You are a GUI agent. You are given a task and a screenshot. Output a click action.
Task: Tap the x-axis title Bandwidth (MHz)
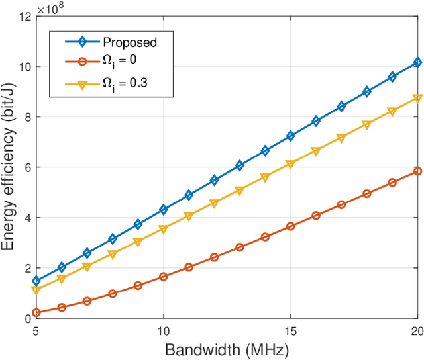click(227, 347)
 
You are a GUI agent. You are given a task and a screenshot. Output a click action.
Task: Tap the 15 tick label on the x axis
click(290, 330)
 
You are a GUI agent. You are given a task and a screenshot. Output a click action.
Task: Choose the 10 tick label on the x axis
click(163, 330)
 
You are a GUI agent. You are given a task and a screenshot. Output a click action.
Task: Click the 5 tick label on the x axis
click(36, 330)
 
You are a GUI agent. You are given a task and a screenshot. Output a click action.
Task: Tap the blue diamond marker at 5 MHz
click(36, 281)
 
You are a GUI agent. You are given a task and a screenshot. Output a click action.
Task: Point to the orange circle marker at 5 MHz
click(36, 312)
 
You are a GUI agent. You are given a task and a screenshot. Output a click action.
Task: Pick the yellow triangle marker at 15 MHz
click(290, 164)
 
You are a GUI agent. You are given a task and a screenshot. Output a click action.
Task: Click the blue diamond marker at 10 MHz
click(163, 210)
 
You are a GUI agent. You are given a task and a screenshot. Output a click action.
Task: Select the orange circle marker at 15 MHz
click(290, 226)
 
